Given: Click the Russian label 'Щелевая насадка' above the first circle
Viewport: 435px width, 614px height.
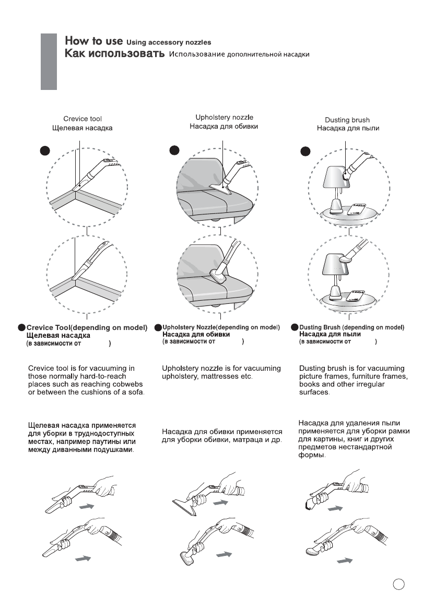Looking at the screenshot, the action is point(86,128).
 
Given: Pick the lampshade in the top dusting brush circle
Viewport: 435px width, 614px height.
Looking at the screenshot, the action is point(329,175).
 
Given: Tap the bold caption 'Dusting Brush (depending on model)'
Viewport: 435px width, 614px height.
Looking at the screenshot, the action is point(351,327).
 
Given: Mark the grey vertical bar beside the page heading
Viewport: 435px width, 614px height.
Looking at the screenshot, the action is point(49,61).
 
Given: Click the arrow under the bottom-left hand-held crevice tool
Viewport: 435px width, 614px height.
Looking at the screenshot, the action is point(84,559).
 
